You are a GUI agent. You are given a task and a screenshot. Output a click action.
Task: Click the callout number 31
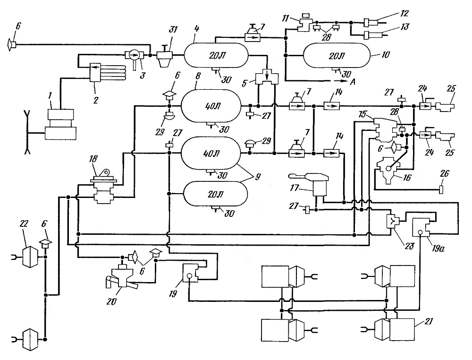pyautogui.click(x=173, y=30)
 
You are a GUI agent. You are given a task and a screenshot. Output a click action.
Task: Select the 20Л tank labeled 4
pyautogui.click(x=216, y=55)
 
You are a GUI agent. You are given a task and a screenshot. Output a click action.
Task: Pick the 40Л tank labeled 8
pyautogui.click(x=211, y=106)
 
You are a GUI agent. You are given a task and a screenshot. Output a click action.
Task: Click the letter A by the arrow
pyautogui.click(x=353, y=82)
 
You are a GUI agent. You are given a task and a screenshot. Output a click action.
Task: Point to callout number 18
pyautogui.click(x=93, y=159)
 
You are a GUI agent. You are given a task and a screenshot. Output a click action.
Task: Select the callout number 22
pyautogui.click(x=24, y=223)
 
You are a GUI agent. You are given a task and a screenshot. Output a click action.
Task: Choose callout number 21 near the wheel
pyautogui.click(x=428, y=321)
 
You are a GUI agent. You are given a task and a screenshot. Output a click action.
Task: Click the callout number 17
pyautogui.click(x=294, y=188)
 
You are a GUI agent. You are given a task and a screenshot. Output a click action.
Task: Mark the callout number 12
pyautogui.click(x=404, y=13)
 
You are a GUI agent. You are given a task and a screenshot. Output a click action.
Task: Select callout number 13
pyautogui.click(x=405, y=27)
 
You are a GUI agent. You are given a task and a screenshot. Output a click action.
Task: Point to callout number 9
pyautogui.click(x=257, y=177)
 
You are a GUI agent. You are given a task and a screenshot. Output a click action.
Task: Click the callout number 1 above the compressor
pyautogui.click(x=50, y=96)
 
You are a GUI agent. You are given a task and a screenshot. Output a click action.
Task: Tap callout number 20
pyautogui.click(x=111, y=301)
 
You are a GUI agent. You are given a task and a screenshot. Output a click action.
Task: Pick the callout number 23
pyautogui.click(x=409, y=246)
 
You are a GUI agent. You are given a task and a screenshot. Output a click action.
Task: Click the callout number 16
pyautogui.click(x=407, y=178)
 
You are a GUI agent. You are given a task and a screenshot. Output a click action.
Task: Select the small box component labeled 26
pyautogui.click(x=441, y=190)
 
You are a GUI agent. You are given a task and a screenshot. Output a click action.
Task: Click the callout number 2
pyautogui.click(x=95, y=100)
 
